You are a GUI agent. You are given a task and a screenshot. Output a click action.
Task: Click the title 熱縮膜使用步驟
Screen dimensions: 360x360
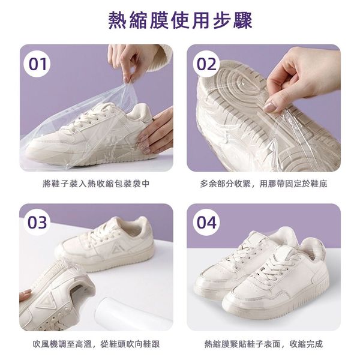180,20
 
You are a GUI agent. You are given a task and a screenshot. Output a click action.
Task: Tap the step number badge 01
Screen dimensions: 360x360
37,64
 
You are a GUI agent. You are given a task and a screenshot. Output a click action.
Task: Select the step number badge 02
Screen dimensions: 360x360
206,64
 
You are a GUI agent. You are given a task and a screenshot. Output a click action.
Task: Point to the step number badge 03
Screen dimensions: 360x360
37,223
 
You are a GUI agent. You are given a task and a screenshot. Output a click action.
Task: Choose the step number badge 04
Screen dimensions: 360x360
206,223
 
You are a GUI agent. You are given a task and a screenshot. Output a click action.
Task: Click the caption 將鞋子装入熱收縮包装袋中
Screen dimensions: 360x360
96,184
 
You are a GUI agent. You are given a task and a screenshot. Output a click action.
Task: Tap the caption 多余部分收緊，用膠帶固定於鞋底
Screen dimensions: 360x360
263,184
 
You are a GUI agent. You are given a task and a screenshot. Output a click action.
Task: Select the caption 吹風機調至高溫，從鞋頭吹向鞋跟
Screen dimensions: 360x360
97,344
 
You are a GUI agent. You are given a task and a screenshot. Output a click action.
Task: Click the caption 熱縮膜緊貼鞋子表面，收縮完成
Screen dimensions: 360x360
263,344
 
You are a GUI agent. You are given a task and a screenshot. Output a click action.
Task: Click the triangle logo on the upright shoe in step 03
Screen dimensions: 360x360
118,248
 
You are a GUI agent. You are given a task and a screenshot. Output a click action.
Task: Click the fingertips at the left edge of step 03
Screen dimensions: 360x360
25,295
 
